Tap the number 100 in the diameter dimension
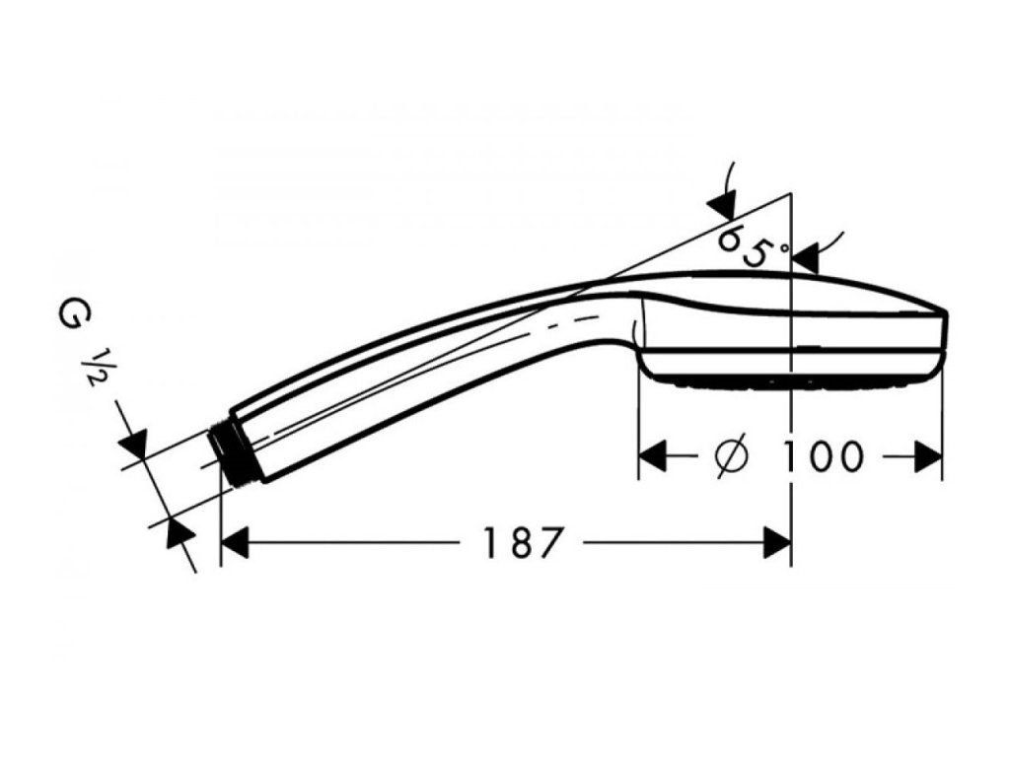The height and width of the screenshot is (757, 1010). click(x=824, y=456)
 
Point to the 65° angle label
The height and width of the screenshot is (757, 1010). click(x=754, y=247)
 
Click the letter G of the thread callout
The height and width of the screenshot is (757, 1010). click(x=71, y=318)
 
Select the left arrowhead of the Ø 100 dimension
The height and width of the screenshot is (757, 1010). click(x=654, y=456)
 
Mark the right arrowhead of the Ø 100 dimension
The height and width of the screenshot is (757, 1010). click(x=928, y=456)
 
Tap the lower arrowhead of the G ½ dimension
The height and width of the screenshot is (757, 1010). click(x=177, y=531)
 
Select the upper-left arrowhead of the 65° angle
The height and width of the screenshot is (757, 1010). click(x=721, y=205)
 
